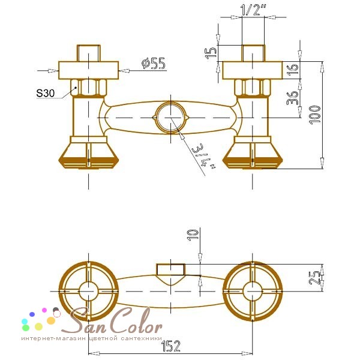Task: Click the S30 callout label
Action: point(46,93)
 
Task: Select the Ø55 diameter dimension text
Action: point(154,64)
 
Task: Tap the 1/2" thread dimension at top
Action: point(253,10)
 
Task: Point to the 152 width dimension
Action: point(171,346)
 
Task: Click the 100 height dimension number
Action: point(315,115)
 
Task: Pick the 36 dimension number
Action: point(292,98)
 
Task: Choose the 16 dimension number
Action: point(293,70)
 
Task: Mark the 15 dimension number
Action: point(211,53)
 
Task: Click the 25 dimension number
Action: point(314,278)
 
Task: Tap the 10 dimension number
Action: point(193,235)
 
